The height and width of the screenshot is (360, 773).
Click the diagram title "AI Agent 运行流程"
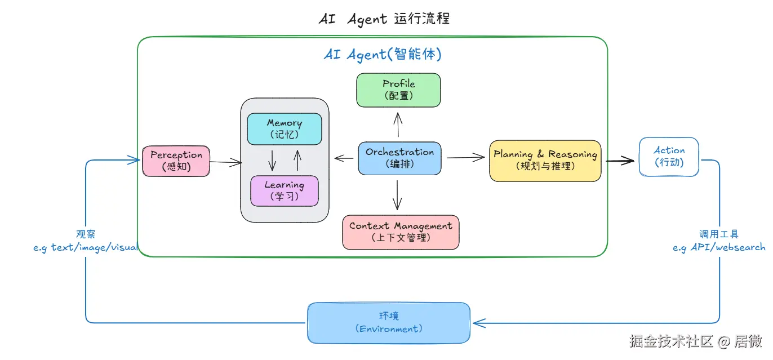(384, 19)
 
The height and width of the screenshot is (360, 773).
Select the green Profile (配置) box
(398, 90)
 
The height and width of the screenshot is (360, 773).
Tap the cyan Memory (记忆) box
(285, 129)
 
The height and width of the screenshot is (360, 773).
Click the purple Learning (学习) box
(285, 191)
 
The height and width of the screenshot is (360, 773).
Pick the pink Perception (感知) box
(176, 161)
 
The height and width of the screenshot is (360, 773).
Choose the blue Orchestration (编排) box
(399, 158)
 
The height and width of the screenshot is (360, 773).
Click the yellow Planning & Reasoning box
(545, 161)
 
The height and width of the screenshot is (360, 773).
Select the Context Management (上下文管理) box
(401, 232)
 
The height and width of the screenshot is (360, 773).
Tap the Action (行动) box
(669, 157)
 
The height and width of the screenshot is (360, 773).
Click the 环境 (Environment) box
(389, 323)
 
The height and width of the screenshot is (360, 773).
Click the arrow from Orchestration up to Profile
(398, 125)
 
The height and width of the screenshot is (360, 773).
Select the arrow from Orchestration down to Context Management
(398, 195)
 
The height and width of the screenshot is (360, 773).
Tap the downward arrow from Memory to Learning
(272, 160)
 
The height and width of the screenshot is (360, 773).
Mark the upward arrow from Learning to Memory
(297, 160)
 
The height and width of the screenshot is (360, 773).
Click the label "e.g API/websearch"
(719, 247)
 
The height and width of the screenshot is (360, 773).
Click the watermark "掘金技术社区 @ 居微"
(696, 341)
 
